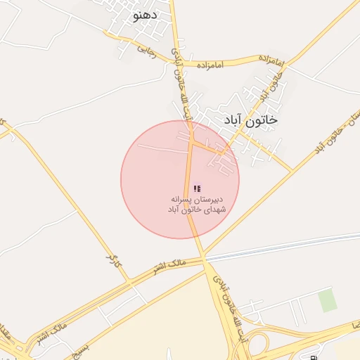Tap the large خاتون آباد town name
(250, 120)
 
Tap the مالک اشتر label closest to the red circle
(168, 266)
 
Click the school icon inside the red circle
(197, 188)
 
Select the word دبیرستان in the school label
(210, 200)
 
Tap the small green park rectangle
(326, 300)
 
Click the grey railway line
(281, 246)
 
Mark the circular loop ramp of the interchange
(256, 344)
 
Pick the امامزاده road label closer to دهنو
(210, 65)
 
